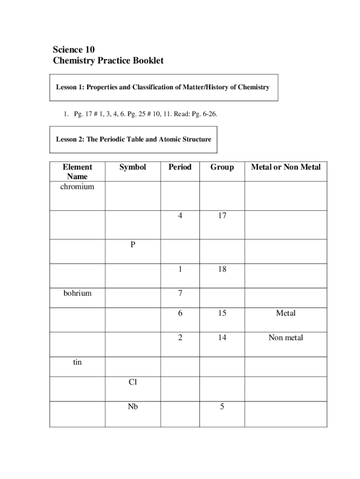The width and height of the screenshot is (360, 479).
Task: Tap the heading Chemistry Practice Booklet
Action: coord(108,61)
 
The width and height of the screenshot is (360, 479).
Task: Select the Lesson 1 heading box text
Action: coord(163,87)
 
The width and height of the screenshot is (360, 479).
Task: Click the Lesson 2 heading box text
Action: coord(134,139)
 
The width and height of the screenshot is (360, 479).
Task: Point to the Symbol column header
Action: coord(132,167)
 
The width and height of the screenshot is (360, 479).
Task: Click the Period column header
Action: coord(180,167)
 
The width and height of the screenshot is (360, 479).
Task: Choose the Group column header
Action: coord(222,167)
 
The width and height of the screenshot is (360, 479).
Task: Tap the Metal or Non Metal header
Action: coord(286,167)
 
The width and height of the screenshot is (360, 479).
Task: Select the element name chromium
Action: coord(77,187)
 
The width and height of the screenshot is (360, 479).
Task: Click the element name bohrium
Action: coord(77,293)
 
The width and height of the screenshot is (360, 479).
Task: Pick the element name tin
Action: coord(77,362)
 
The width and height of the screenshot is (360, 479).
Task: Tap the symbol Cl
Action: coord(133,382)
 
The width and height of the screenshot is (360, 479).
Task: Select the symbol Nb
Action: coord(133,406)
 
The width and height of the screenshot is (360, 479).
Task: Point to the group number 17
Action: coord(222,216)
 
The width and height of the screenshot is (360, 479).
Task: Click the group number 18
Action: coord(222,269)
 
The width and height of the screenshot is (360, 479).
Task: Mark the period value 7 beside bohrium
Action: coord(180,293)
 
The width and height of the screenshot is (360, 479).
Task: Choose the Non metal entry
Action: coord(286,337)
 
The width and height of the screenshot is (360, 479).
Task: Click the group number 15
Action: coord(222,313)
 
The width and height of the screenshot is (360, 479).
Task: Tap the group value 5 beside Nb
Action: coord(222,406)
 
